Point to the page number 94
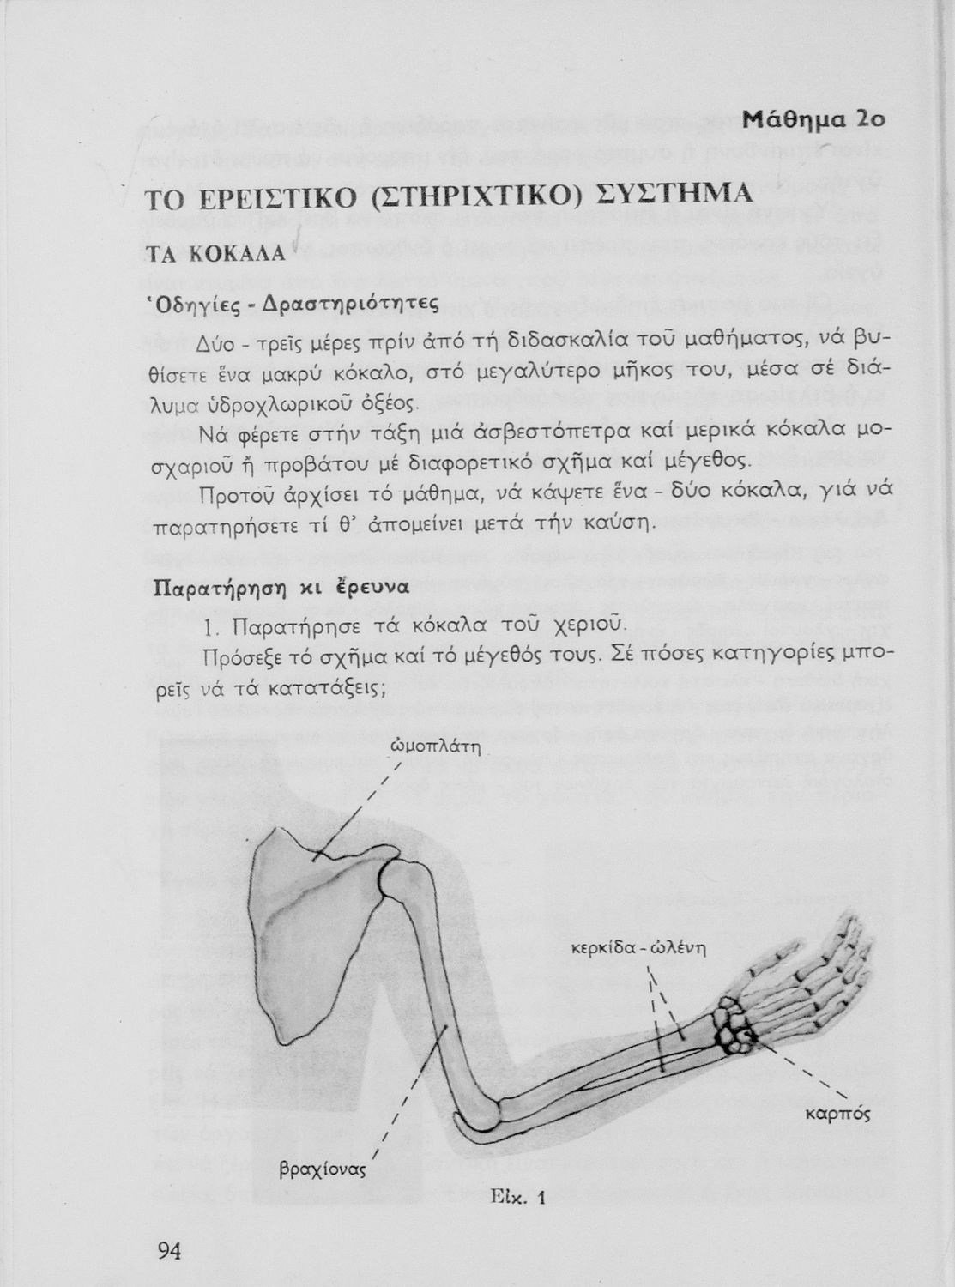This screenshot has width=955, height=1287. [169, 1251]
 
